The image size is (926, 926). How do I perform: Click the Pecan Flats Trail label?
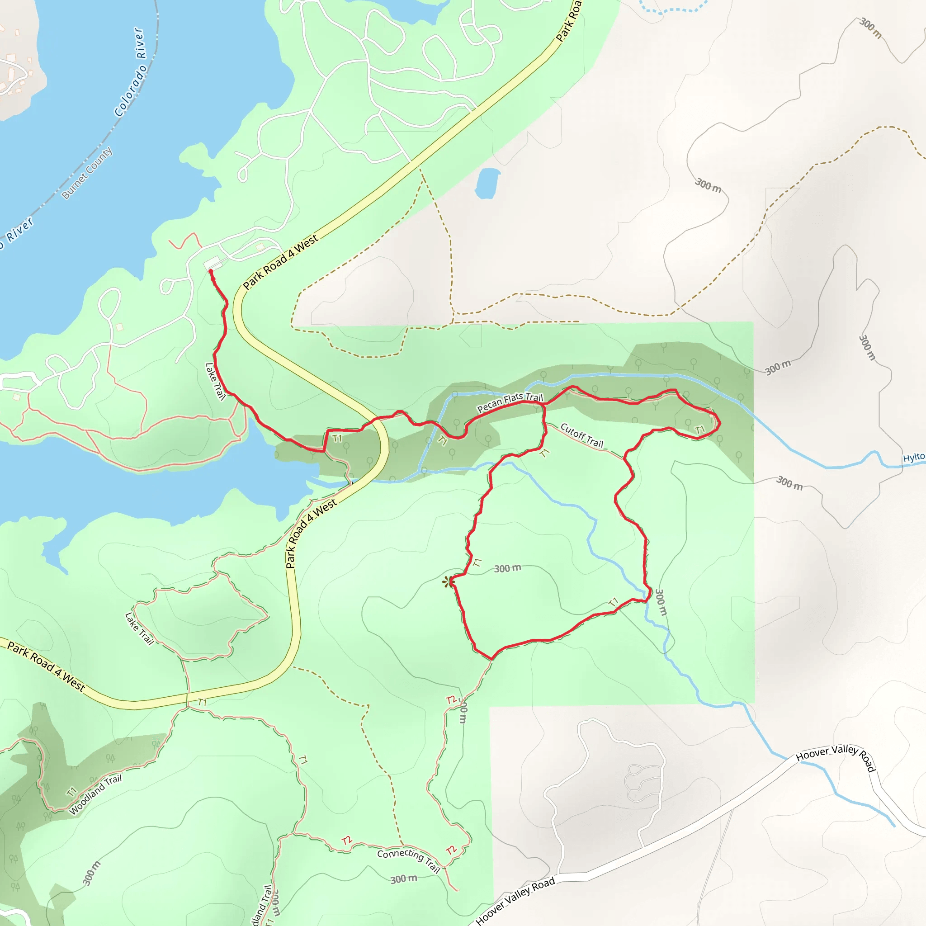pos(510,402)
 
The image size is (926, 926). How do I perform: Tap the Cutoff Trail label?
pos(581,435)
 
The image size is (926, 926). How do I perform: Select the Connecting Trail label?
pos(408,860)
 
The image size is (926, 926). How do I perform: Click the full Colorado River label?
pos(130,72)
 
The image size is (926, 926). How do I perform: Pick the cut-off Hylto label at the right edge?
pos(913,457)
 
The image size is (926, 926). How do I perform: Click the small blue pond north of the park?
pos(487,183)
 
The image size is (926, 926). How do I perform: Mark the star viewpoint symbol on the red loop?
pos(448,582)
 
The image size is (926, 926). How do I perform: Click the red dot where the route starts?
pos(210,272)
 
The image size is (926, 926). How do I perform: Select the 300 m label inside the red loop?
pos(507,568)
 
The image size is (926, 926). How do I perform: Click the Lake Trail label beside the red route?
pos(215,381)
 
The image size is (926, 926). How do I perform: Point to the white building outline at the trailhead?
pos(213,263)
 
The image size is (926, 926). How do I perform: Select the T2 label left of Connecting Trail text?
pos(346,841)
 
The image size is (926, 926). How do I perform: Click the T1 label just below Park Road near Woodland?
pos(202,702)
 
